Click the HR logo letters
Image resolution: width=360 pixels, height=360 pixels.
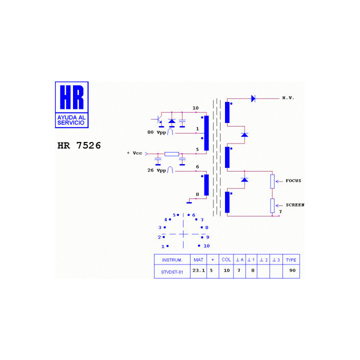[72, 97]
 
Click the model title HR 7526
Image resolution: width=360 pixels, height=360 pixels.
[79, 145]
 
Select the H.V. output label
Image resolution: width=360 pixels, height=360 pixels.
[288, 98]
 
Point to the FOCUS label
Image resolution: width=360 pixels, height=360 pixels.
[293, 180]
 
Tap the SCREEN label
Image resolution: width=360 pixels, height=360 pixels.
[295, 205]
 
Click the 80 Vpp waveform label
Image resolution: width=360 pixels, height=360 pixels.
[156, 132]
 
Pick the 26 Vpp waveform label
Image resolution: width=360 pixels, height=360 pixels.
[156, 170]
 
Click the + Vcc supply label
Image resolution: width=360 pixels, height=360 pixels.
[134, 153]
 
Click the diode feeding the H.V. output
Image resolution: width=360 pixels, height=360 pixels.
[253, 98]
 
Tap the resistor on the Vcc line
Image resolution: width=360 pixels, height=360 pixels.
[171, 154]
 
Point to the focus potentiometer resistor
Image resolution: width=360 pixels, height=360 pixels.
[272, 181]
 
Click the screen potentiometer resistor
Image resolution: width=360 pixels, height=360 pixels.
[272, 205]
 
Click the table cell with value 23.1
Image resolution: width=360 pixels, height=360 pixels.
[198, 270]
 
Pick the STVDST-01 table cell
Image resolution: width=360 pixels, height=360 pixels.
[172, 272]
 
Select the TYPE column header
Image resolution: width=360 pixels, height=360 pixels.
[291, 260]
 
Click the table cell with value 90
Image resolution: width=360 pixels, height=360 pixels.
[292, 270]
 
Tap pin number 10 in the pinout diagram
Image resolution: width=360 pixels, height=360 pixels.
[206, 246]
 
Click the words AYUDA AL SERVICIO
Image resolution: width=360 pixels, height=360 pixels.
[71, 120]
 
